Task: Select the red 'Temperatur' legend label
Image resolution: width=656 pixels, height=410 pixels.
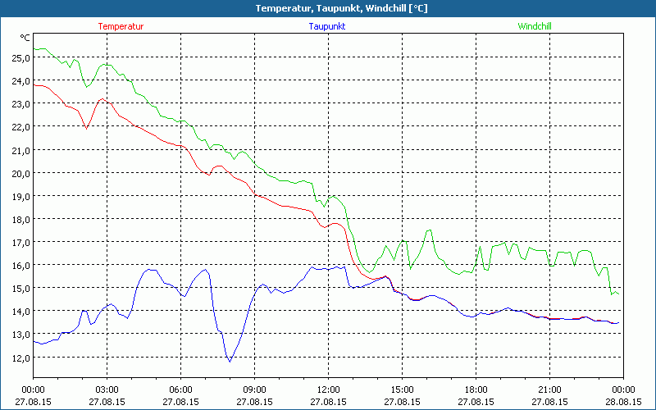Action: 121,26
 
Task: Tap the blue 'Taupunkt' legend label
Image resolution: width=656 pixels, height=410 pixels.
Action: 327,26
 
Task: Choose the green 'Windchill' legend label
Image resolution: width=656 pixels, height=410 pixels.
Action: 535,26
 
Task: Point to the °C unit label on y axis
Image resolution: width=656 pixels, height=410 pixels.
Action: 25,38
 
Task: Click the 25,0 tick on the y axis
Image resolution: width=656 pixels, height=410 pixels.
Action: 19,58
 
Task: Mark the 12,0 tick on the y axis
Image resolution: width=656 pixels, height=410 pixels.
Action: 19,358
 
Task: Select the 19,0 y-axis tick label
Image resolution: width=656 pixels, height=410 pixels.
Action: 19,197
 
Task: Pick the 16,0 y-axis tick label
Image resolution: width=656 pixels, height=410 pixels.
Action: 19,266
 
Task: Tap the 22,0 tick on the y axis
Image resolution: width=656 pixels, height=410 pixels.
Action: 19,127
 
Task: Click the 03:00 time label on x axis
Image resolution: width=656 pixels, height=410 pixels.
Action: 107,389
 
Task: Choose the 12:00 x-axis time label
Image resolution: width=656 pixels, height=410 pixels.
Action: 328,389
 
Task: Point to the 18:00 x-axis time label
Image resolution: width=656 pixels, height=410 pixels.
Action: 476,389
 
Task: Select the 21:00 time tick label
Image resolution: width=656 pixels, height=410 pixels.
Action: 549,389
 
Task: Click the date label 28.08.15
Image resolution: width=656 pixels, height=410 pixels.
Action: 623,402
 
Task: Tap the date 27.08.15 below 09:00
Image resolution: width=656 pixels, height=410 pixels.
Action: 254,402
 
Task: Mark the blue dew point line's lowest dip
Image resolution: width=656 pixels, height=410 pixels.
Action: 230,361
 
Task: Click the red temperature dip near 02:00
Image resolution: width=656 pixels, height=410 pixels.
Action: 86,128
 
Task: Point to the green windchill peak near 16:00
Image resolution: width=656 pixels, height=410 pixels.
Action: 429,230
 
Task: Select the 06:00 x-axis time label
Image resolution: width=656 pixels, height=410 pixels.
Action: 180,389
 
